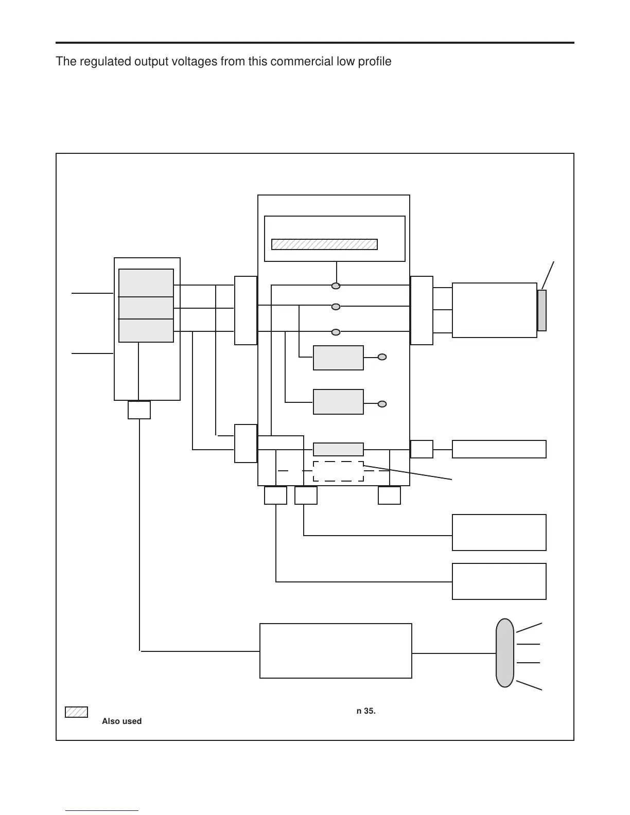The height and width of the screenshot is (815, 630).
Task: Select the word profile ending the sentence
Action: [x=375, y=62]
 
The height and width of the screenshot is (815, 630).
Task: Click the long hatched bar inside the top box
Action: [x=324, y=244]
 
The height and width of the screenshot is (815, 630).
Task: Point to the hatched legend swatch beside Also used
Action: [x=76, y=712]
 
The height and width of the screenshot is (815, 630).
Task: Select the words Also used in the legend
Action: [x=121, y=721]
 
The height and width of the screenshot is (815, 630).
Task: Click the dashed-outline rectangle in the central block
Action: [x=338, y=471]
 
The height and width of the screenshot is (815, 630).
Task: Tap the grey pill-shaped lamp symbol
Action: [x=505, y=653]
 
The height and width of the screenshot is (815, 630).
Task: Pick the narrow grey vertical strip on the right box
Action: [x=541, y=310]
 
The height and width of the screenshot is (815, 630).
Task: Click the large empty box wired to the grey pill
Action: [x=336, y=651]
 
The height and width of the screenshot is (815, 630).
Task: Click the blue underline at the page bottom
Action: [x=102, y=810]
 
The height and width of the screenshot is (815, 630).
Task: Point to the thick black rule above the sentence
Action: [x=314, y=43]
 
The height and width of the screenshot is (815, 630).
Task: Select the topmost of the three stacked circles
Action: [x=336, y=286]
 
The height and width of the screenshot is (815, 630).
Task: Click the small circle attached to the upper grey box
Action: [x=382, y=357]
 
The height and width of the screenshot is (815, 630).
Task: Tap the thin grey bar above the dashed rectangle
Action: [x=338, y=449]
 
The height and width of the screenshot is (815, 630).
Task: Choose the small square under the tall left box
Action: [x=139, y=410]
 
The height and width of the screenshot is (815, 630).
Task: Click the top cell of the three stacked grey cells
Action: [x=146, y=283]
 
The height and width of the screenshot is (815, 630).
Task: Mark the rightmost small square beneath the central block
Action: [x=389, y=495]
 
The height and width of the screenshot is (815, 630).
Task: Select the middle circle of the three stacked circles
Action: [x=336, y=307]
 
